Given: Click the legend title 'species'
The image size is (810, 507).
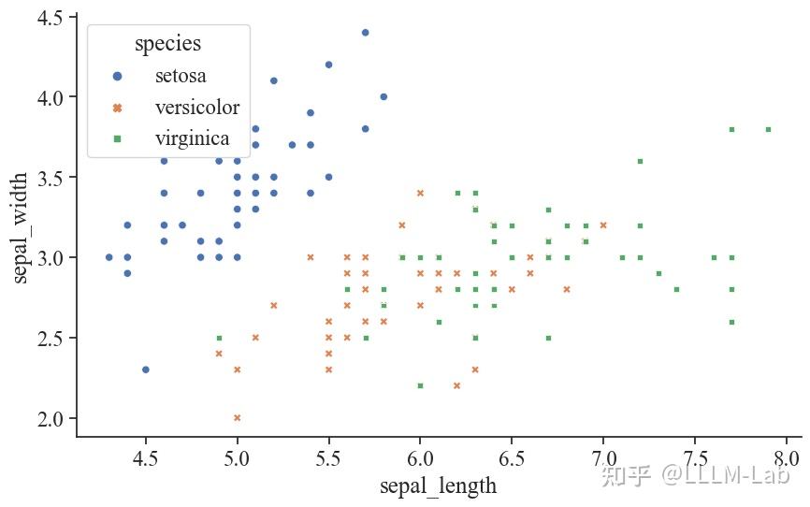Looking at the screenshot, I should (x=167, y=43).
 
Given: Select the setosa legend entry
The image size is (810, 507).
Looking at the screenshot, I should (x=181, y=76).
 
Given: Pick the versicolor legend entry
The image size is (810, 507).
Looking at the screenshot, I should (x=197, y=108).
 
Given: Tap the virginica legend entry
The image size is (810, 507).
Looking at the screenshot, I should (x=192, y=139).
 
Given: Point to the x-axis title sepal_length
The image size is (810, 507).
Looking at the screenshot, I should (x=438, y=485).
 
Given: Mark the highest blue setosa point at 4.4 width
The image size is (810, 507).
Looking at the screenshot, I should (x=365, y=33).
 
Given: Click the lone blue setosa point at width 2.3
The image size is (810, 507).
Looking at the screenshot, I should (x=145, y=369).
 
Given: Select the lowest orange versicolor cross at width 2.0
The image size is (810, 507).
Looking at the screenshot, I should (x=237, y=417).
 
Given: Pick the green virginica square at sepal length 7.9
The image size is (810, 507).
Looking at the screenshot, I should (x=768, y=129).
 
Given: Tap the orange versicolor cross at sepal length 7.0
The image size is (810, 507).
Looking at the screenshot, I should (x=603, y=225).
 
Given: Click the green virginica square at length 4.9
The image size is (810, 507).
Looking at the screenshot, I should (x=219, y=338).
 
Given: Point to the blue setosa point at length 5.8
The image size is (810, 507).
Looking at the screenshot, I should (x=383, y=96).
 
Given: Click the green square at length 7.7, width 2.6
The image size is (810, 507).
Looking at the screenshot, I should (x=731, y=322).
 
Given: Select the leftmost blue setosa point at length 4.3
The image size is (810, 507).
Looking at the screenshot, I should (x=108, y=257).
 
